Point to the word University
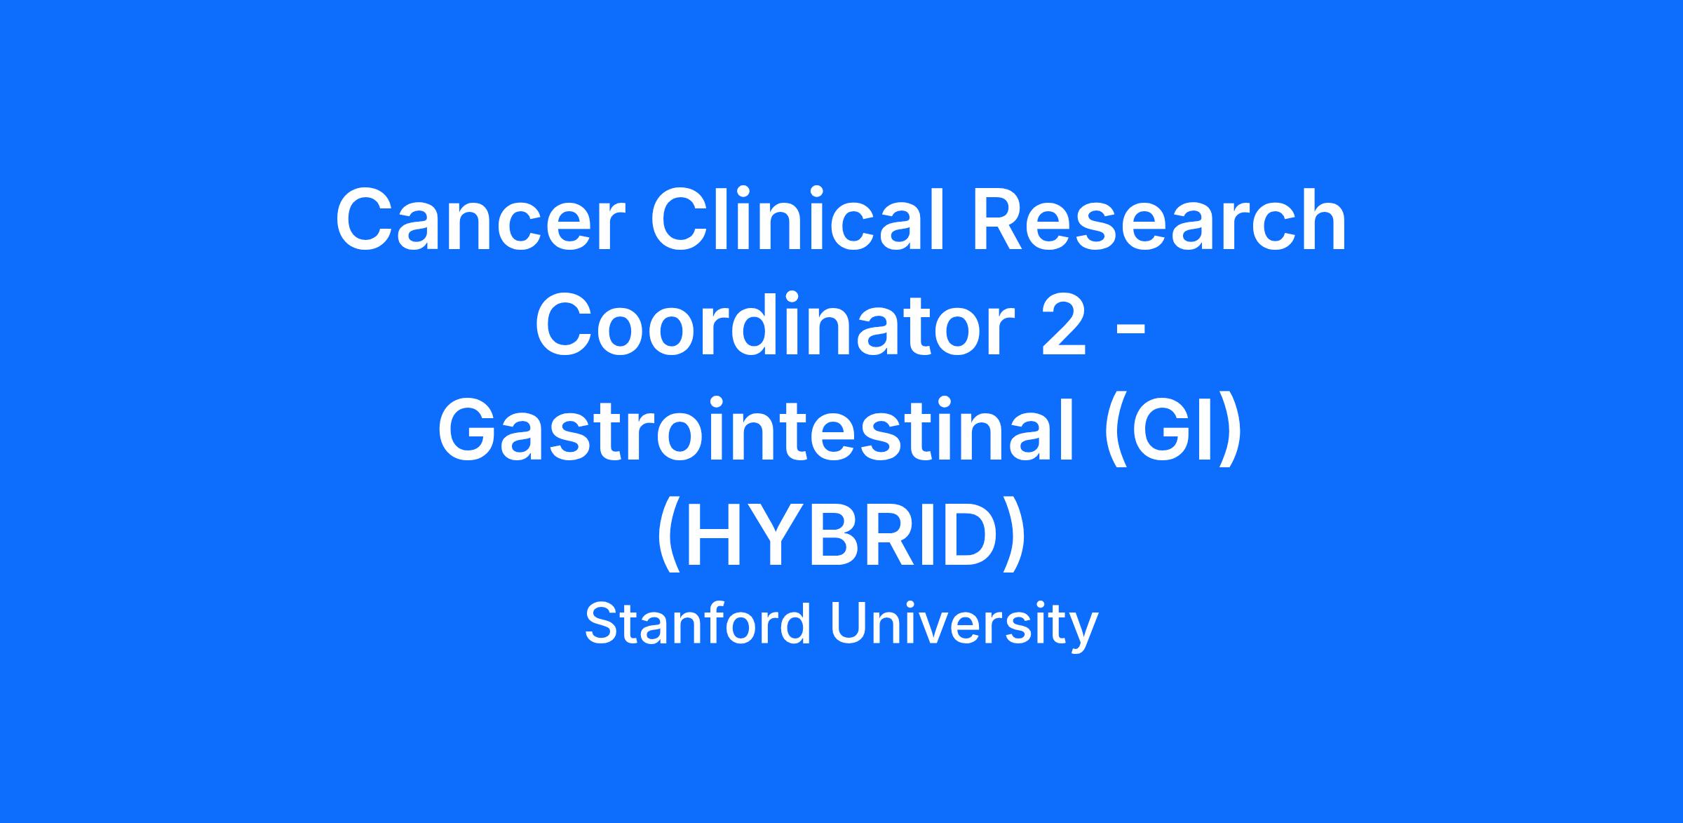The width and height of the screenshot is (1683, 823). [964, 626]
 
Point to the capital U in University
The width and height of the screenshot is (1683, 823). [850, 624]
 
